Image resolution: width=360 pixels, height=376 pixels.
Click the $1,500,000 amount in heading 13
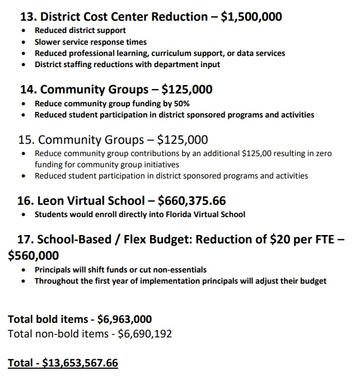pyautogui.click(x=251, y=17)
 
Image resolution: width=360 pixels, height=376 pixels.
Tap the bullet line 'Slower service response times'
pyautogui.click(x=91, y=42)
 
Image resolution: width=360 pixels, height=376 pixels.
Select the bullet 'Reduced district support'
pyautogui.click(x=80, y=30)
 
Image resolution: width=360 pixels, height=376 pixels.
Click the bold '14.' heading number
pyautogui.click(x=29, y=90)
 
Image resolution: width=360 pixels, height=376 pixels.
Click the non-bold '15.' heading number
pyautogui.click(x=27, y=139)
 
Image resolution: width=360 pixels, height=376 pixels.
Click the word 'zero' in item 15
pyautogui.click(x=323, y=153)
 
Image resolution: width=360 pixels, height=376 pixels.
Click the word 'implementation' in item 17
pyautogui.click(x=159, y=281)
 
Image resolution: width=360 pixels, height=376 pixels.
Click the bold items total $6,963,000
pyautogui.click(x=124, y=319)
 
